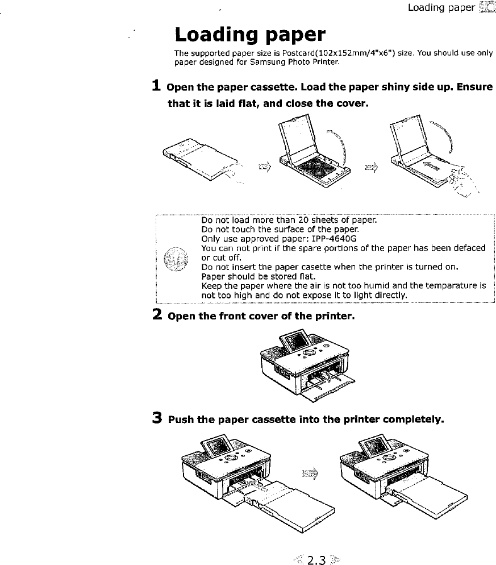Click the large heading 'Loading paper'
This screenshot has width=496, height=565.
point(250,35)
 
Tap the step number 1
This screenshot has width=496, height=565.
point(156,87)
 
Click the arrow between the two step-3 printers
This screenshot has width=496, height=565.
point(310,473)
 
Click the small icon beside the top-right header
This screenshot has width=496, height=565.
point(487,8)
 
